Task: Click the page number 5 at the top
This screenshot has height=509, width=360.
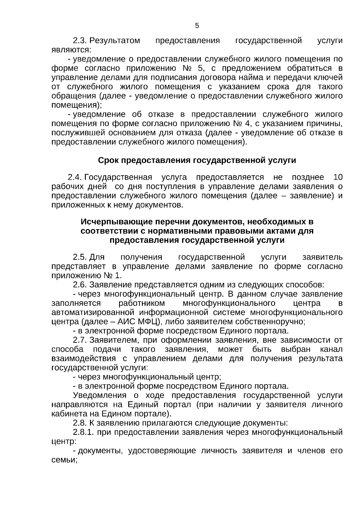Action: pyautogui.click(x=197, y=26)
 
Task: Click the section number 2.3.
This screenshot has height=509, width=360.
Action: pyautogui.click(x=80, y=41)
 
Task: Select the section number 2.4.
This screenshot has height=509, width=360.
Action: pyautogui.click(x=75, y=177)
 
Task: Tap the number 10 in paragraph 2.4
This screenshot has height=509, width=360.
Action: pyautogui.click(x=337, y=177)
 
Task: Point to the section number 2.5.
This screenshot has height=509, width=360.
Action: pyautogui.click(x=80, y=257)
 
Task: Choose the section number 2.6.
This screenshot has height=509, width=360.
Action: pyautogui.click(x=80, y=285)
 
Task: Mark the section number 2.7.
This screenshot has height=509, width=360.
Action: pyautogui.click(x=80, y=340)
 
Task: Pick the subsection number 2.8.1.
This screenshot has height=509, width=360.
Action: pyautogui.click(x=84, y=432)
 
